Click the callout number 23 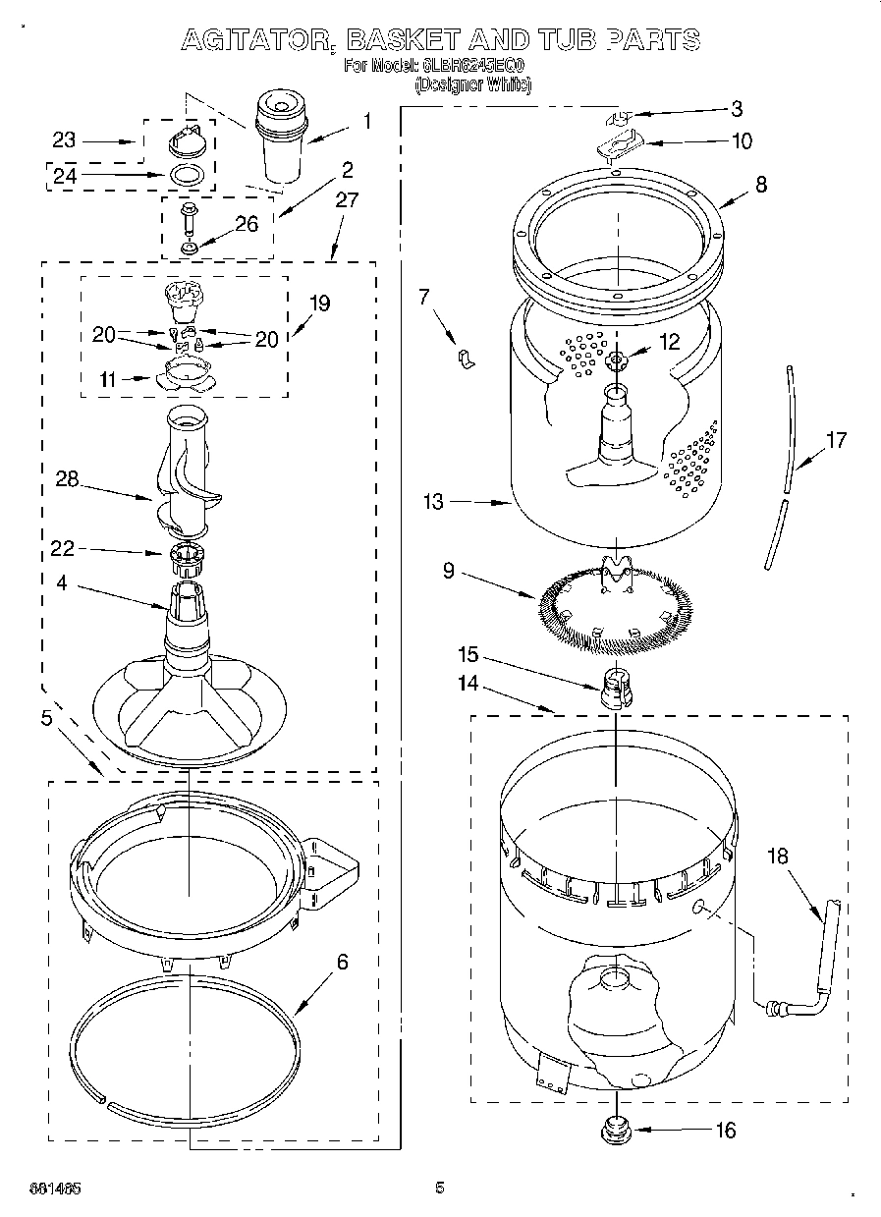click(64, 141)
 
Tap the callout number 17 click(835, 441)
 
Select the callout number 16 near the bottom click(725, 1131)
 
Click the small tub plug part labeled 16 click(615, 1130)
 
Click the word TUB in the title click(559, 39)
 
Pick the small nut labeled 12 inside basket click(617, 360)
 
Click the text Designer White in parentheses click(473, 85)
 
